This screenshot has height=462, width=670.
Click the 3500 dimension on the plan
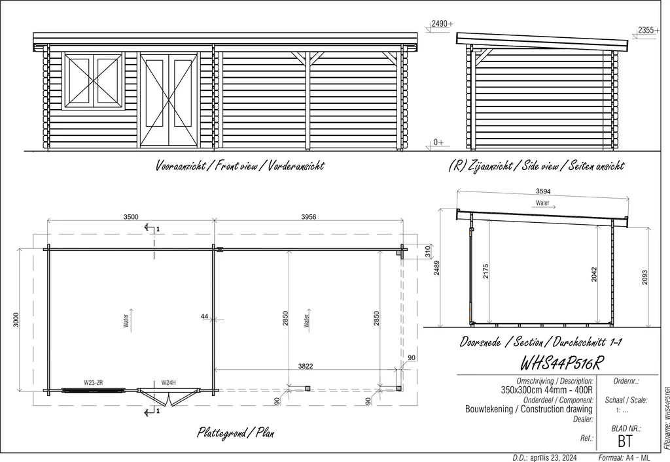click(131, 217)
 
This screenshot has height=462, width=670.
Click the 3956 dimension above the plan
click(309, 217)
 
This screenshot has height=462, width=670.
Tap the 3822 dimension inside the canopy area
click(306, 366)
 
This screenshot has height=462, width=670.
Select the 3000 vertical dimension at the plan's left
click(16, 320)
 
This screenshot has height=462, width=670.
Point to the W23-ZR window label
click(93, 383)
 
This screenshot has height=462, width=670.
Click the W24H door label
click(168, 383)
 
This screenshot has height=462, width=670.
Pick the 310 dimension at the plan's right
click(427, 252)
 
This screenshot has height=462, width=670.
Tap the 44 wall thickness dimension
click(204, 316)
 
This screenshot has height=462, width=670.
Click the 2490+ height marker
click(442, 24)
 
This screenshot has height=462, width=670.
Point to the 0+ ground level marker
click(438, 142)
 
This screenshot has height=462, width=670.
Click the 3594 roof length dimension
click(543, 191)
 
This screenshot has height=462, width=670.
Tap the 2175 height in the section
click(485, 271)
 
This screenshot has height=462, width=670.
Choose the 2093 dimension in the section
click(644, 277)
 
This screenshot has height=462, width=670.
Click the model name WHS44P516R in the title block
click(561, 363)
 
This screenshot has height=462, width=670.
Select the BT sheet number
click(625, 441)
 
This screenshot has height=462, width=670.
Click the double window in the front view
click(94, 81)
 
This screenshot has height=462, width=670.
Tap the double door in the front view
click(169, 100)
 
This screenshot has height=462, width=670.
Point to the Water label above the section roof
click(542, 203)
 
